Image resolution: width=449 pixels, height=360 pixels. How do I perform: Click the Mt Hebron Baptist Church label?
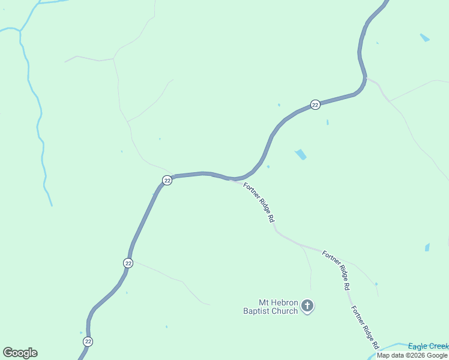270,307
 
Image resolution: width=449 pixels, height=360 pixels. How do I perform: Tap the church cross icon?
307,306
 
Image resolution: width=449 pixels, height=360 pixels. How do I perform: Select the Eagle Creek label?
428,346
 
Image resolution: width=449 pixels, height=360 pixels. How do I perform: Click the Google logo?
20,353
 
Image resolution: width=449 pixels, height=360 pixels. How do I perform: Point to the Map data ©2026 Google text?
412,355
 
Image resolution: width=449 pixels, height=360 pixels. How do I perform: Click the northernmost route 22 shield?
315,104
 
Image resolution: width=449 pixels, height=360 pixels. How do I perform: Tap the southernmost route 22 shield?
88,341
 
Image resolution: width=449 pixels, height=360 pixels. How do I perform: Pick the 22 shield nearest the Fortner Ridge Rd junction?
167,180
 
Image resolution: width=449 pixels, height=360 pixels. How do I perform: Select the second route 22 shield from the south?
128,263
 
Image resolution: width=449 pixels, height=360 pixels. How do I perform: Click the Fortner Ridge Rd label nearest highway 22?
259,202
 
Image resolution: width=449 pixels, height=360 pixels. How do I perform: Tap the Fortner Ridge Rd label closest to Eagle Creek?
365,328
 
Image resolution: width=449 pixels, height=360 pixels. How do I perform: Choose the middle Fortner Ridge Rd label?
336,270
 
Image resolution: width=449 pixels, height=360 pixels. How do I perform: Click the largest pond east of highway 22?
301,155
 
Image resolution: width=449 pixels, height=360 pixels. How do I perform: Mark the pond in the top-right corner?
425,37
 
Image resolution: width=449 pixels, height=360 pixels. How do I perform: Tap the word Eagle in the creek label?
417,346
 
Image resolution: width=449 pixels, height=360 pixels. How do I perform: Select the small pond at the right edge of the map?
427,247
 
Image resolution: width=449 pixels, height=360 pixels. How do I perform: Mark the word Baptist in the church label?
256,311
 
